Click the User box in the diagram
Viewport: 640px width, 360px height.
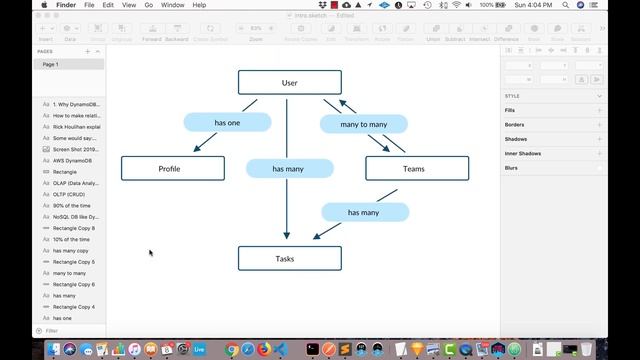point(289,82)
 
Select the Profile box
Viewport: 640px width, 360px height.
point(172,169)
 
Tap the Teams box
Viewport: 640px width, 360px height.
point(416,169)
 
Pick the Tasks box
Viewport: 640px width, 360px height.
point(289,258)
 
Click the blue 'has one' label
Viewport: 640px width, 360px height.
point(227,122)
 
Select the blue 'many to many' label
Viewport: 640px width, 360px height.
point(363,124)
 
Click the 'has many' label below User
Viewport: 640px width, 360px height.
point(289,169)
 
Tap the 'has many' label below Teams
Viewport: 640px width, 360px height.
point(364,212)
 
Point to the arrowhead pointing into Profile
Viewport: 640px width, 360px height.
point(197,149)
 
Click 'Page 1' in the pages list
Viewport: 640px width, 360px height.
point(51,64)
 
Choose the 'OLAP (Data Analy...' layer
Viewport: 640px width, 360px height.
point(76,183)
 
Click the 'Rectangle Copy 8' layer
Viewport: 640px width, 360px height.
point(74,228)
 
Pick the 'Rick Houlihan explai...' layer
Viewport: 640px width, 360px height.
point(77,126)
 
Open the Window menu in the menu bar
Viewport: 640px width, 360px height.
point(172,5)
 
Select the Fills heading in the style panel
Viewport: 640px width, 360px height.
point(511,110)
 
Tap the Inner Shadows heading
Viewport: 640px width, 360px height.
point(523,153)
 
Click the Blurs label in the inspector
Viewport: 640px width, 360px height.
point(511,168)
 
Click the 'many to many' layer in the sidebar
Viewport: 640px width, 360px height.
point(69,273)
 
